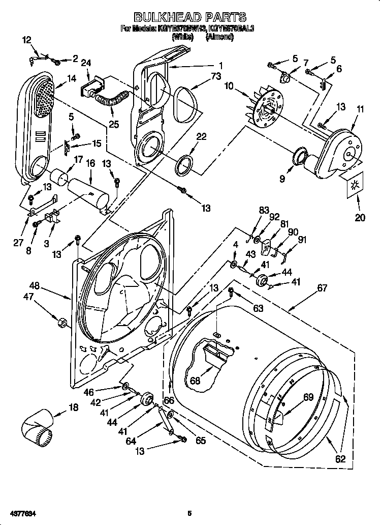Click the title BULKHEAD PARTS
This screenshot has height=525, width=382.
click(x=190, y=18)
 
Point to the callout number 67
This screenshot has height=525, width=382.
click(x=322, y=288)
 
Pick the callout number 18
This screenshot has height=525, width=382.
click(x=74, y=407)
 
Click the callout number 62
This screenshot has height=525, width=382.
click(x=340, y=458)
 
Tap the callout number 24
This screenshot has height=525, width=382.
click(x=86, y=63)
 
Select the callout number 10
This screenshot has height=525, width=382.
click(x=230, y=86)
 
